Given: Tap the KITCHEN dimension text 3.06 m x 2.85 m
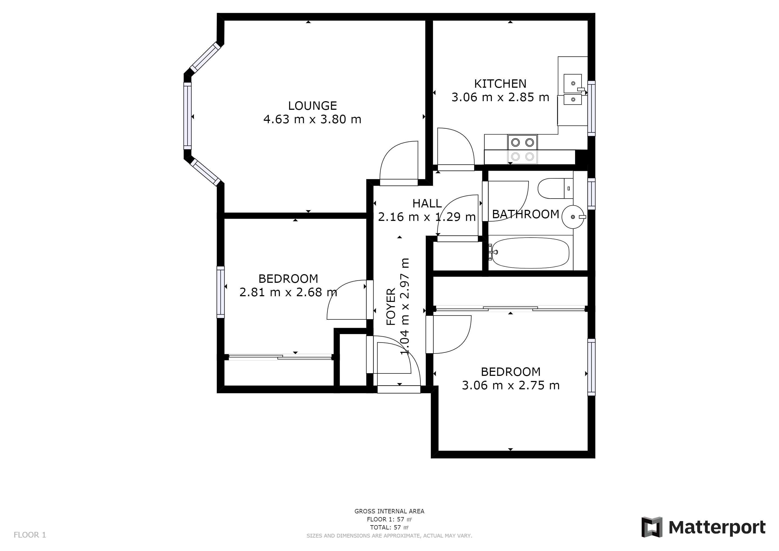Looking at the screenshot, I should [500, 97].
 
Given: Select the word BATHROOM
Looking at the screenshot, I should [525, 214].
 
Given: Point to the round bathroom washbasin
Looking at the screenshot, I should [573, 217].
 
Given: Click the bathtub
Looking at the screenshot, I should [530, 253].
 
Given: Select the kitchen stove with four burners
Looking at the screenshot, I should [522, 149].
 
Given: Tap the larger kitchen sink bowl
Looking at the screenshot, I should [572, 83].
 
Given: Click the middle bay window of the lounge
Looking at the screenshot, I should [187, 116].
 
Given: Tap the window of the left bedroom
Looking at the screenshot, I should [221, 292].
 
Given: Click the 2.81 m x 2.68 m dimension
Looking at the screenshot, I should [288, 292].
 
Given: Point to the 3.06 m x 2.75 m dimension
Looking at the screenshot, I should [510, 386].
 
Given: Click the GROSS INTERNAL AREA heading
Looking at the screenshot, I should [389, 511].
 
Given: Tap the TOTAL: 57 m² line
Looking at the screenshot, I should [389, 528].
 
